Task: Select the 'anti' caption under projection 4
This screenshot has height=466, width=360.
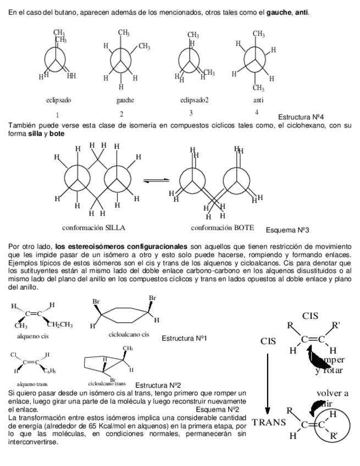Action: [258, 100]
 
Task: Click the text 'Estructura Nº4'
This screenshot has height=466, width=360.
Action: [301, 117]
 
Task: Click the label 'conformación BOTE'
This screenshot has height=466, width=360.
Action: [222, 228]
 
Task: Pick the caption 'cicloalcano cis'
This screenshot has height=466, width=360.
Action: [129, 334]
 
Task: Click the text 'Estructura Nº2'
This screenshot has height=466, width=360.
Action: [158, 385]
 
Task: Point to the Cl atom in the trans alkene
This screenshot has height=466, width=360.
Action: [14, 356]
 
